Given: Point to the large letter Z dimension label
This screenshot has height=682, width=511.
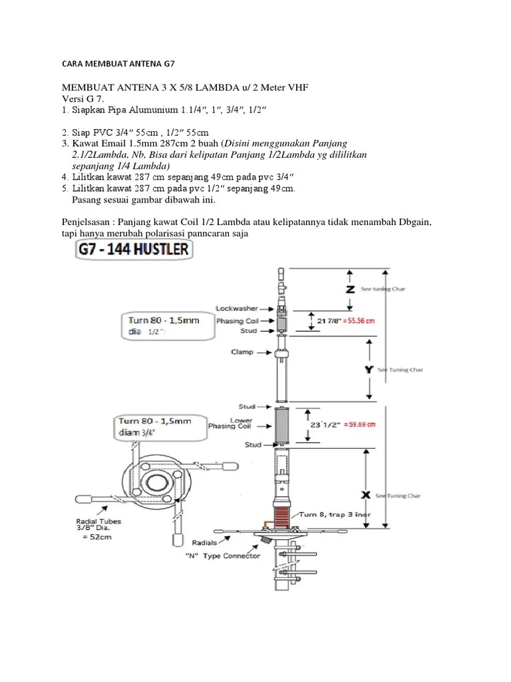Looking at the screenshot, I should click(351, 289).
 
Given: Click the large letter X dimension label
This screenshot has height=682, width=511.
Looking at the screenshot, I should click(363, 496).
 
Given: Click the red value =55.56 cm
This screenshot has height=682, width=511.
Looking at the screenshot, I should click(356, 320).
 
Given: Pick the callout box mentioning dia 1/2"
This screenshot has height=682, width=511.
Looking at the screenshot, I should click(160, 325).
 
